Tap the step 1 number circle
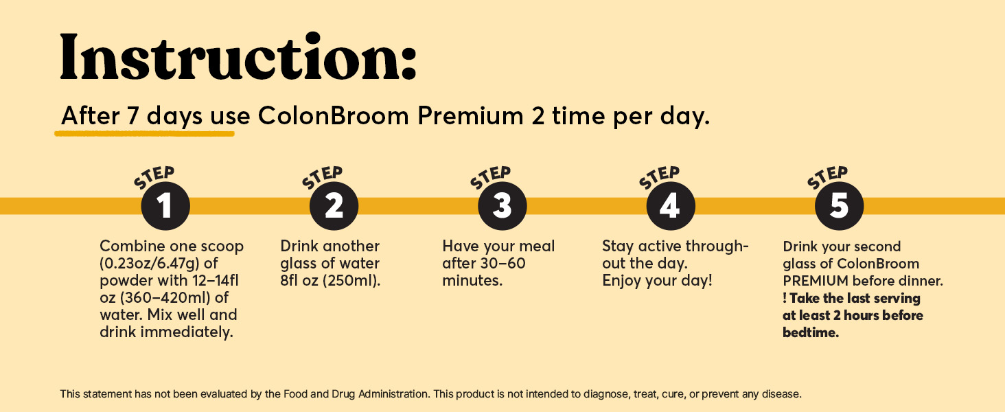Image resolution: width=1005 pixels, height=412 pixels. pos(165,206)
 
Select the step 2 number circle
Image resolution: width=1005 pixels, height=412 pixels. pos(334,206)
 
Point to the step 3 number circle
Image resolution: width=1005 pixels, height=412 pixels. pos(502,206)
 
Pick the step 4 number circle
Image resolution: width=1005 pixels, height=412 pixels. pos(670,206)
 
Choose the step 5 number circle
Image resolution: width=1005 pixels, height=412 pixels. pos(839,206)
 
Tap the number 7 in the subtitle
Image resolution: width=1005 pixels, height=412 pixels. pos(133,116)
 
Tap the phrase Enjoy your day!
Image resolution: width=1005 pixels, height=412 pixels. pos(657,281)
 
